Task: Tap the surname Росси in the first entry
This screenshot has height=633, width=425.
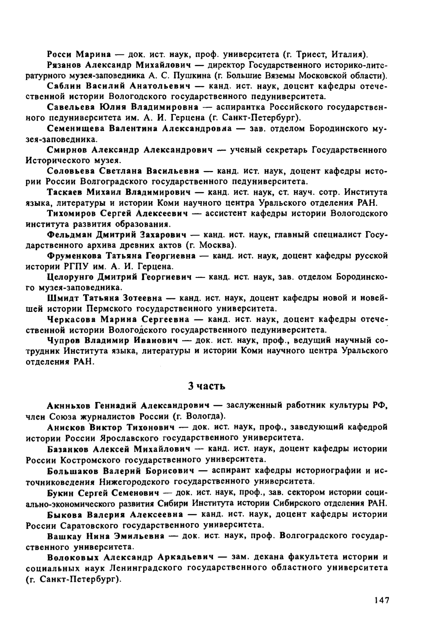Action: click(60, 54)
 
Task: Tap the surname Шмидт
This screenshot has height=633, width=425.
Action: click(62, 298)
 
